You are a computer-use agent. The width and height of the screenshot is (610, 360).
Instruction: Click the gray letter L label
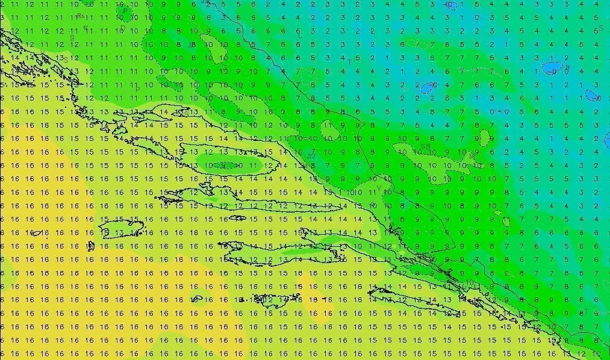[x=300, y=36]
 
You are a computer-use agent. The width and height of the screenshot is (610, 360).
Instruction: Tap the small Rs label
[x=80, y=17]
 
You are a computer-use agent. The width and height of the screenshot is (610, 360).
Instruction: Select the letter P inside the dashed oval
[x=124, y=10]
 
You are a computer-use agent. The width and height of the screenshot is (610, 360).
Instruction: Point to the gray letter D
[x=122, y=28]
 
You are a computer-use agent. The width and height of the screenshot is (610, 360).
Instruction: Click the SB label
[x=425, y=146]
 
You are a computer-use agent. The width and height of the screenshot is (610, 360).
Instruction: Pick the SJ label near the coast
[x=311, y=155]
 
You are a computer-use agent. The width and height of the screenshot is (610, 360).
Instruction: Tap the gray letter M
[x=472, y=155]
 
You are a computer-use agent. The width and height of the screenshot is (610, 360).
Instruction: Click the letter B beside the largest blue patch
[x=567, y=67]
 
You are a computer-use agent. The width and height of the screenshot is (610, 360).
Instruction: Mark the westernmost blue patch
[x=428, y=87]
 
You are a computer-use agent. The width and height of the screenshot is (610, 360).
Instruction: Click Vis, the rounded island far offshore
[x=121, y=229]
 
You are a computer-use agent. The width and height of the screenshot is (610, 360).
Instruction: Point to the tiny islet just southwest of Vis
[x=91, y=246]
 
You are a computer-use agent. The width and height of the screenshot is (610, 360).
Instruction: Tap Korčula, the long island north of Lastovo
[x=283, y=259]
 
